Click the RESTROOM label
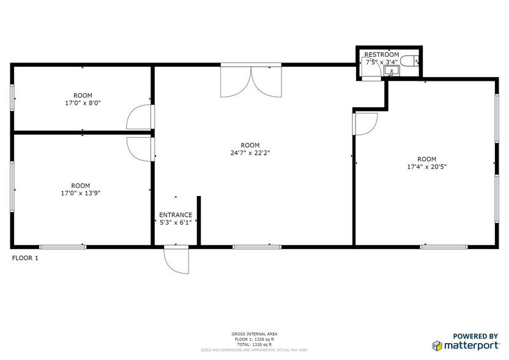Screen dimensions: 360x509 point(382,54)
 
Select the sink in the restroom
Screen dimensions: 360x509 point(392,71)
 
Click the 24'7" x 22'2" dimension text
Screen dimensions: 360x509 point(246,153)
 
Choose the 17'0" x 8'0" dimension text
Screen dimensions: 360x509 point(83,103)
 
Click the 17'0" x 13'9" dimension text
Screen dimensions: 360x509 point(80,193)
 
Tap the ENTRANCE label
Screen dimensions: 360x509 point(176,215)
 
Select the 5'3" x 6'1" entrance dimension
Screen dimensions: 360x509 point(176,223)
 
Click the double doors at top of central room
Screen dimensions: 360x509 point(251,81)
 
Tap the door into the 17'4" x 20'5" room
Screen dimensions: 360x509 point(365,124)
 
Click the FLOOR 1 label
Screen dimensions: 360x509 point(25,258)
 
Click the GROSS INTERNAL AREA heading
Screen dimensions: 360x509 point(254,334)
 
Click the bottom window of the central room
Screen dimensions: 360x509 point(256,247)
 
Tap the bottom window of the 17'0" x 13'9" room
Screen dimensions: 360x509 point(62,247)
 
